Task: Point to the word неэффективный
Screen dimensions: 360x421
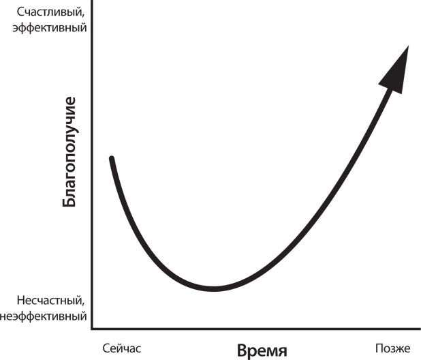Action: [44, 316]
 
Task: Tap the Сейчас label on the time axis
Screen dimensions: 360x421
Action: [123, 348]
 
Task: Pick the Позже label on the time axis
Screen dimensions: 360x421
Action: [394, 348]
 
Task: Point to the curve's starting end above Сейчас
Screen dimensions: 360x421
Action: [111, 159]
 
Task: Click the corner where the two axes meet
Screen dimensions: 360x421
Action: [93, 330]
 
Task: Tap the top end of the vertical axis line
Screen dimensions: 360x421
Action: [93, 2]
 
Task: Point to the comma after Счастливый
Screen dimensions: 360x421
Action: [85, 16]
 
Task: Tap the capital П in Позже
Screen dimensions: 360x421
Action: [380, 348]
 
